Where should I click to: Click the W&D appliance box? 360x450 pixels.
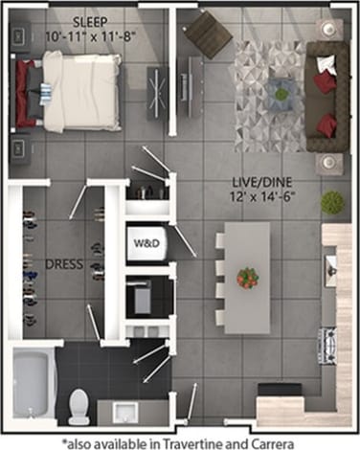click(x=146, y=241)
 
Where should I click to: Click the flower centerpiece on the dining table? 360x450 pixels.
click(x=248, y=278)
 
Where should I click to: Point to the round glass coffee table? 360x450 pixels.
click(x=281, y=92)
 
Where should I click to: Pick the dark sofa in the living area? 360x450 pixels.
click(x=328, y=96)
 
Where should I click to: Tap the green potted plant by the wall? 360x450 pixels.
click(x=332, y=201)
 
